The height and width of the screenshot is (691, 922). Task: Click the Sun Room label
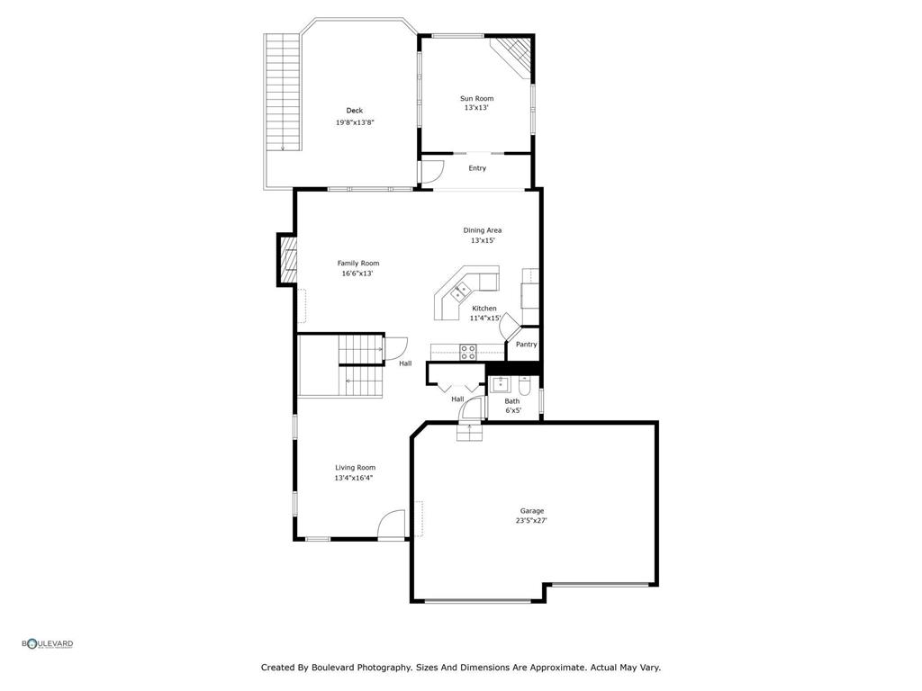click(x=476, y=98)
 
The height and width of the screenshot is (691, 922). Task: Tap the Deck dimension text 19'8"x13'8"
click(x=355, y=122)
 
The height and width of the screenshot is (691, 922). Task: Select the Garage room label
click(x=531, y=511)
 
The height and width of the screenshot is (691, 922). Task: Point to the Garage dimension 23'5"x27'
click(x=531, y=521)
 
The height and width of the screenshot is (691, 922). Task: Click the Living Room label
click(x=355, y=468)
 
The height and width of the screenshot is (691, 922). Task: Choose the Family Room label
click(x=358, y=264)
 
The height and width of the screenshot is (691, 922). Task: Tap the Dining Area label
click(x=483, y=230)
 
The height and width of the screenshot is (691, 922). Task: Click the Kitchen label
click(x=484, y=309)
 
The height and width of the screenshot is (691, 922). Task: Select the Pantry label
click(x=527, y=345)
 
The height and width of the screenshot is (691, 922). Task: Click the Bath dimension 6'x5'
click(x=513, y=410)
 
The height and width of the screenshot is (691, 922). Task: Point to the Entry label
click(x=477, y=168)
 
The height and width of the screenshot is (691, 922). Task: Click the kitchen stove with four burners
click(x=468, y=352)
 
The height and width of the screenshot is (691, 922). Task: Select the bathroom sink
click(x=499, y=385)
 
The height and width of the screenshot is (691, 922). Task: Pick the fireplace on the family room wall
click(x=286, y=260)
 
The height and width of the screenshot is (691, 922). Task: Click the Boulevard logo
click(x=48, y=643)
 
